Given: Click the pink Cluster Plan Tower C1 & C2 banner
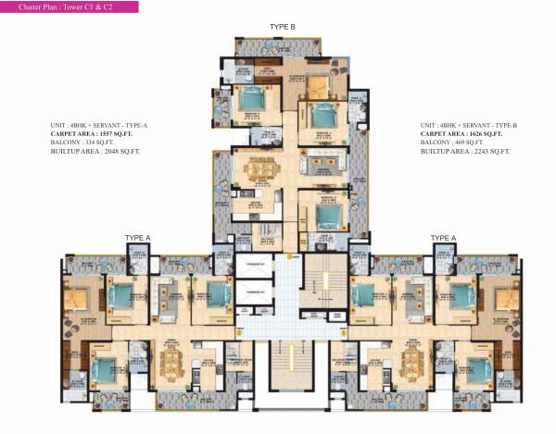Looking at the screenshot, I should (69, 6).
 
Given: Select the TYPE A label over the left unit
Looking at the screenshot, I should (138, 239).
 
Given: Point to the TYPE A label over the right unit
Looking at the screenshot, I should (443, 239).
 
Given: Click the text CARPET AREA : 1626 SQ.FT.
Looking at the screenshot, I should (462, 133).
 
